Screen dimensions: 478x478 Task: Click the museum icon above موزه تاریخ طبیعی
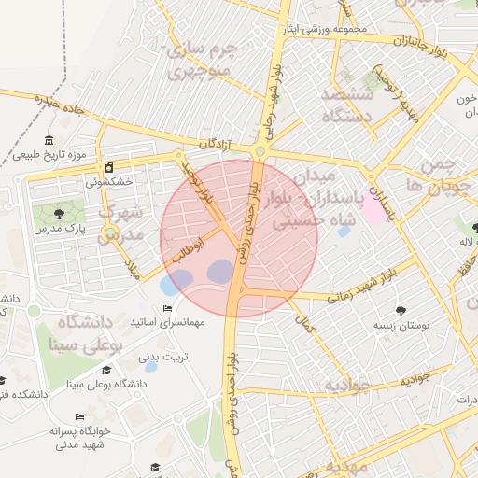click(49, 140)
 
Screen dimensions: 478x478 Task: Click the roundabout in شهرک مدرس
click(111, 233)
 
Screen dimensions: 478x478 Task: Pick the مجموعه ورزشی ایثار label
click(327, 30)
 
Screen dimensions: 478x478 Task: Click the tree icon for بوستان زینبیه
click(402, 310)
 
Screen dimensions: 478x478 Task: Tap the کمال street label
click(303, 324)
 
